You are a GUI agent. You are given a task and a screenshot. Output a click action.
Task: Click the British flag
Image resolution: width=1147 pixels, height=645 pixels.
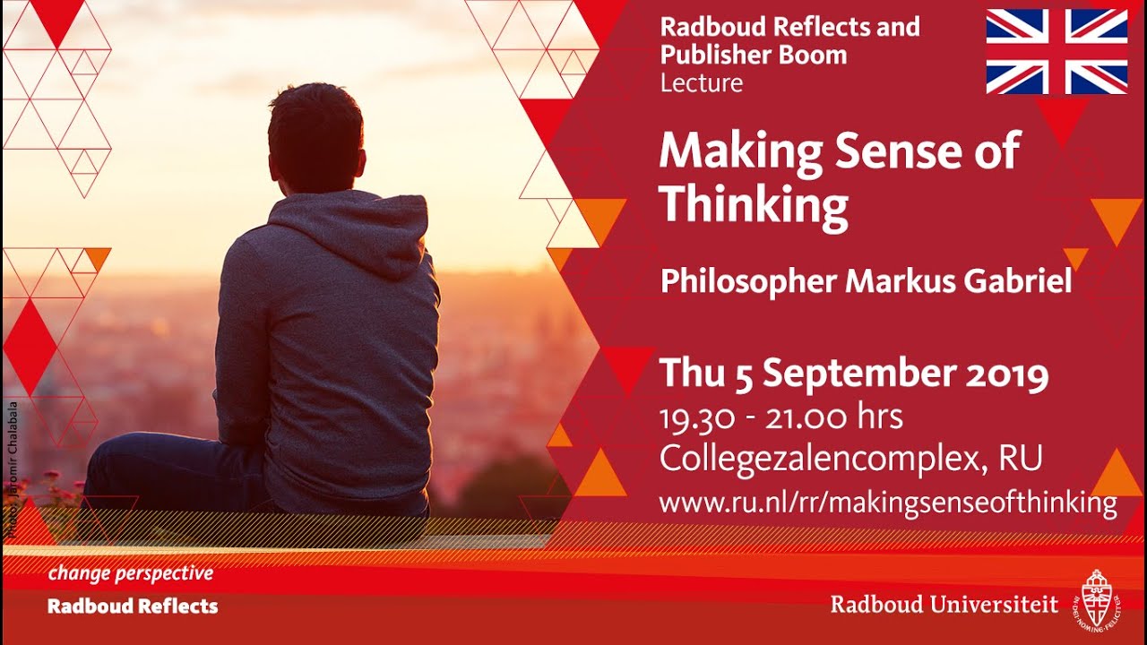coord(1056,51)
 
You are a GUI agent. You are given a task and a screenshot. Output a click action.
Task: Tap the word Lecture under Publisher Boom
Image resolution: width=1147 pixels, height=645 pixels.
coord(701,83)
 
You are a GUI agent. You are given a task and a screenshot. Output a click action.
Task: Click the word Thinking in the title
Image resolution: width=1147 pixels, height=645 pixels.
coord(753,205)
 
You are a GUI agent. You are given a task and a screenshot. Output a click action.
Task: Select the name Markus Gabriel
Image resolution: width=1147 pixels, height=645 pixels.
coord(959,281)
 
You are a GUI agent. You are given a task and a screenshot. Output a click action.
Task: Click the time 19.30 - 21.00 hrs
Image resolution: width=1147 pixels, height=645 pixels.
coord(780,417)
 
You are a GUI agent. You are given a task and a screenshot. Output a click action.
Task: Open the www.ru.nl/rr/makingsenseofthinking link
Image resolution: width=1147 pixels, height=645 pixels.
coord(887,503)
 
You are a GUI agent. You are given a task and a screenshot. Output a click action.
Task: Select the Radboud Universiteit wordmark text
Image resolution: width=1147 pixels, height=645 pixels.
coord(944,605)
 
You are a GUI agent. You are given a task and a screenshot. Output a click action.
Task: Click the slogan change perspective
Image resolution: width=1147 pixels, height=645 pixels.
coord(130,573)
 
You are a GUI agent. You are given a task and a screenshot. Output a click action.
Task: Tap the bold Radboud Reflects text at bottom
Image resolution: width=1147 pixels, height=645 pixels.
coord(133,606)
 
